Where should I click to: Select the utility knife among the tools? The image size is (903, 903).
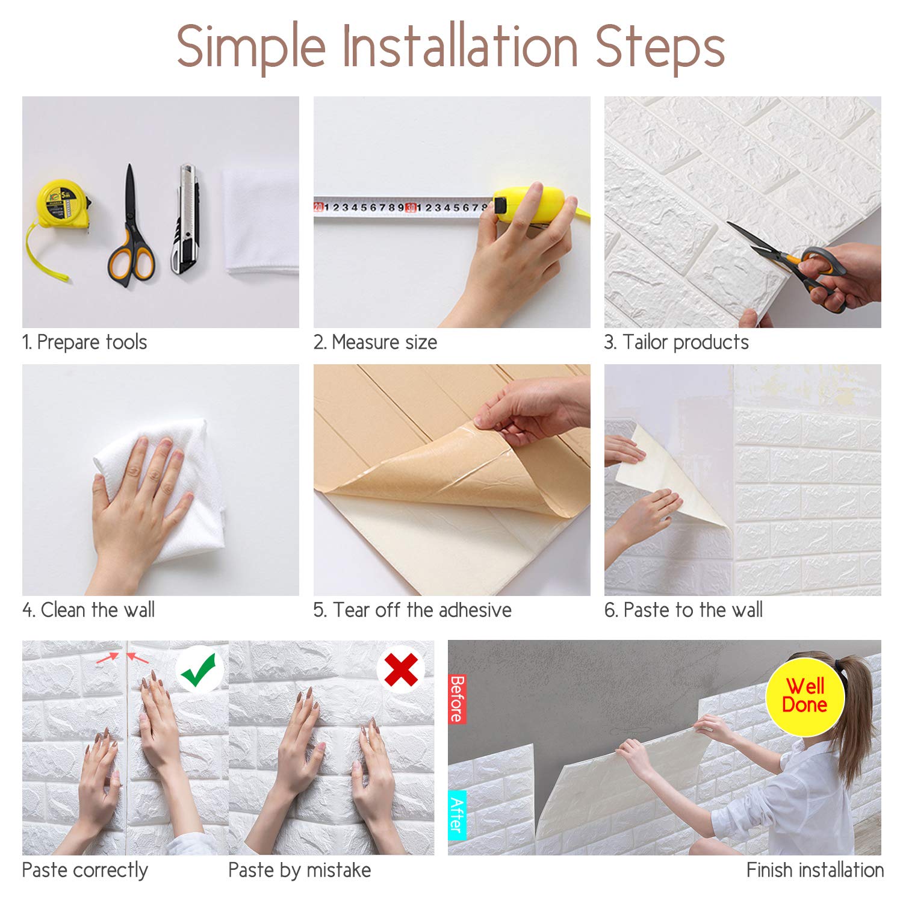(187, 219)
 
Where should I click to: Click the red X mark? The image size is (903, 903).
(401, 669)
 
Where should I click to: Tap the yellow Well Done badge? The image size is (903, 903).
(805, 697)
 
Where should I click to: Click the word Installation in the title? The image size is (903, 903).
(461, 46)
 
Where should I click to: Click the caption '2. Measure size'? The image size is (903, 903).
(375, 342)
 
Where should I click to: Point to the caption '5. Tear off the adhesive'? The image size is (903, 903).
(412, 610)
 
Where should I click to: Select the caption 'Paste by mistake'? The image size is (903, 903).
(300, 870)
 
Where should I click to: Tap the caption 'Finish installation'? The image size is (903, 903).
(815, 870)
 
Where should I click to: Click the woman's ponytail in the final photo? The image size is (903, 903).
(855, 716)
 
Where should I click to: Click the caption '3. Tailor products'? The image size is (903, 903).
(677, 342)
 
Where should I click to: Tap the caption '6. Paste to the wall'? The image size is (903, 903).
(683, 610)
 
